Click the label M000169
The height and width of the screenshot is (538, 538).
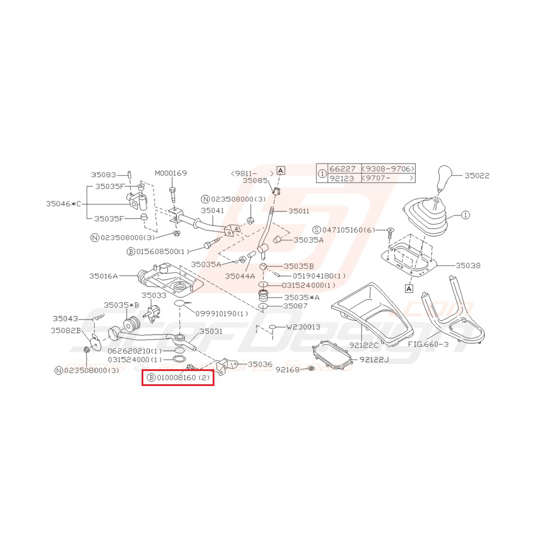tap(170, 173)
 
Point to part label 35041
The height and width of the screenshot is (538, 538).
tap(212, 211)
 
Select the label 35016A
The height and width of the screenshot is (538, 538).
tap(103, 276)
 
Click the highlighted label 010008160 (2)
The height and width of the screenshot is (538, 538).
tap(179, 378)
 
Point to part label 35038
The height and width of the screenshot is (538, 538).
tap(467, 266)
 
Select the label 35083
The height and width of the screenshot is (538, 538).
tap(103, 175)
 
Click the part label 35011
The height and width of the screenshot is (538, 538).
tap(299, 212)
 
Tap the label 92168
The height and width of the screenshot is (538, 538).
tap(287, 369)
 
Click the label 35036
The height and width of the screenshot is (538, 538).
tap(259, 365)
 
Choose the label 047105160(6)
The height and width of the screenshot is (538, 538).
tap(348, 230)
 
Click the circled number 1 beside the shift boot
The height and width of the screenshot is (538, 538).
tap(466, 215)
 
